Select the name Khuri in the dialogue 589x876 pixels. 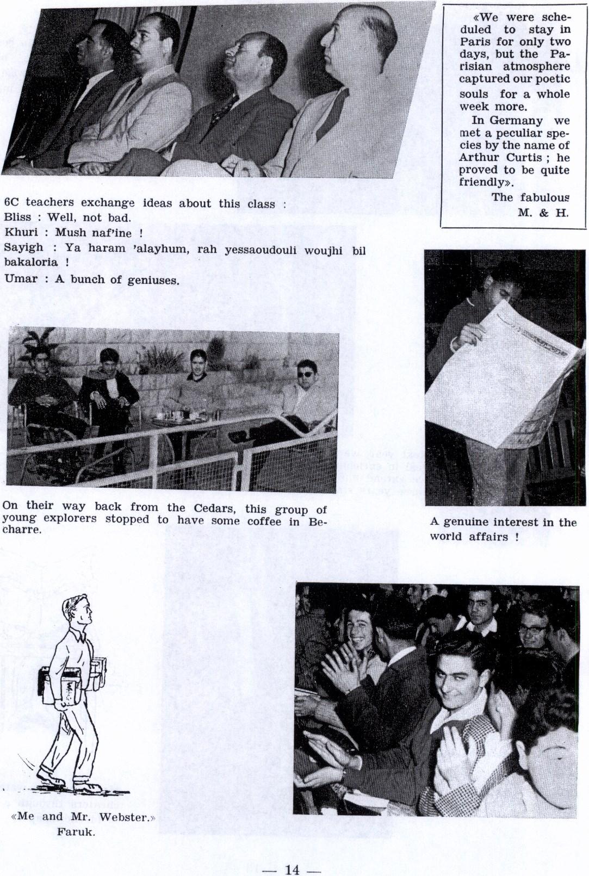[x=18, y=233]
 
